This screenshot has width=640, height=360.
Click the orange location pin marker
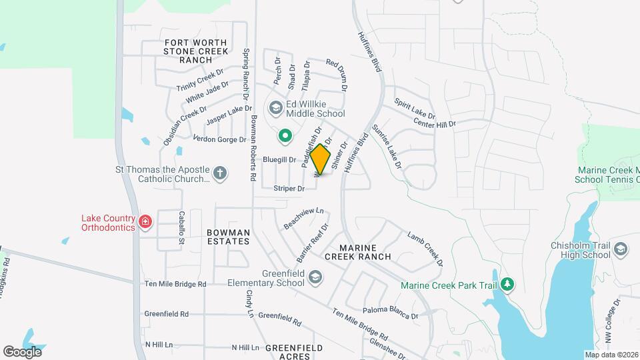(x=321, y=159)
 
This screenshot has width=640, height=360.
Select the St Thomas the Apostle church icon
(x=220, y=175)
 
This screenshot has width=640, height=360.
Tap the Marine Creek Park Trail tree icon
(x=507, y=285)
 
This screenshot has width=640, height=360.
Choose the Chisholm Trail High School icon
(x=621, y=249)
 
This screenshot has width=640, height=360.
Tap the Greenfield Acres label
(x=294, y=352)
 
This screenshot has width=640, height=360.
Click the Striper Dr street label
(x=289, y=189)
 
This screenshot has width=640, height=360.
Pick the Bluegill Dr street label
(x=279, y=160)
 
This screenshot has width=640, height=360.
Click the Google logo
(x=22, y=351)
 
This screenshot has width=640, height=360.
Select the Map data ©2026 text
(x=610, y=355)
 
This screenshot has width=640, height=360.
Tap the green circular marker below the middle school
(x=285, y=137)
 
